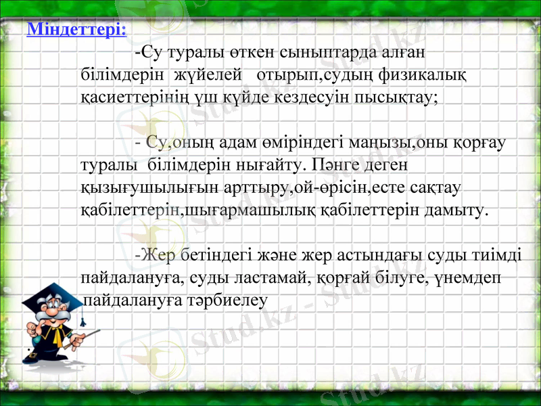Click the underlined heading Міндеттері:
point(76,30)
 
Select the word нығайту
point(267,164)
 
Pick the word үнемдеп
point(471,277)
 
